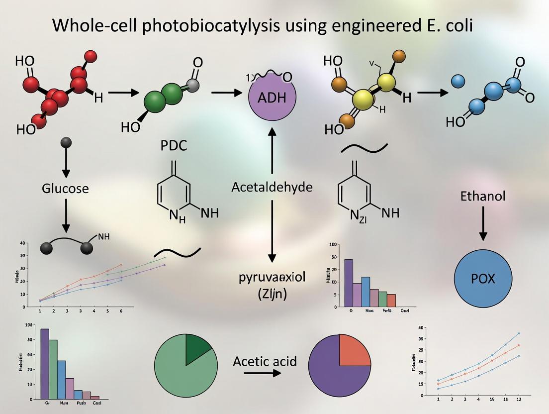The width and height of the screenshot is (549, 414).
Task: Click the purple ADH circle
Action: pyautogui.click(x=272, y=97)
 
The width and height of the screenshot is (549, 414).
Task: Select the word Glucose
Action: pyautogui.click(x=65, y=189)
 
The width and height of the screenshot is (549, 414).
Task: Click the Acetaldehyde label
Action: pyautogui.click(x=272, y=187)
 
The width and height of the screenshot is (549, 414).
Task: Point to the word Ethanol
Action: pyautogui.click(x=482, y=196)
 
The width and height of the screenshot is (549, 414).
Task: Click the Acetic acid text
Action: pyautogui.click(x=265, y=361)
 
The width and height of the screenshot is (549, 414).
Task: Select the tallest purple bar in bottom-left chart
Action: pyautogui.click(x=45, y=364)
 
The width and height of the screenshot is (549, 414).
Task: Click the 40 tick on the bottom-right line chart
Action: pyautogui.click(x=421, y=328)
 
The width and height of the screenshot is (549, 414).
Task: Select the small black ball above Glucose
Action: pyautogui.click(x=65, y=143)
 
